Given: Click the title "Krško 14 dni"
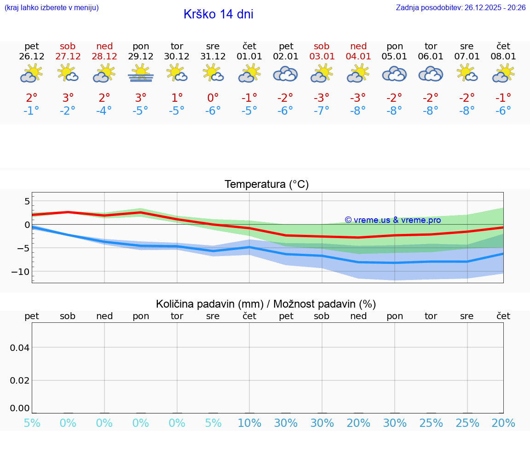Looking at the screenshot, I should pos(218,14).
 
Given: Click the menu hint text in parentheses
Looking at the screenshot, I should pos(52,7).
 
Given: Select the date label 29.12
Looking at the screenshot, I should pos(141,57).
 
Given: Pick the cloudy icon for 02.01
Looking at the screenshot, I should pos(286,74).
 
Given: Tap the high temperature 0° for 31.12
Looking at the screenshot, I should pos(213,98).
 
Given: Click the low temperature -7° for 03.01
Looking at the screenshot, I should pos(322,111).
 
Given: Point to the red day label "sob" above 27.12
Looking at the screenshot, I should pos(68,46).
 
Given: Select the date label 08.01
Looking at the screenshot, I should pos(503,57).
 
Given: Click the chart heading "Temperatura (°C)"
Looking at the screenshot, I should pos(266,184).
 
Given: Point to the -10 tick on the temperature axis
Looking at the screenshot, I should pos(21,272).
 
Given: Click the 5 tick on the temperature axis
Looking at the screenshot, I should pos(27,201).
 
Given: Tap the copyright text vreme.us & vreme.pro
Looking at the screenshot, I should pos(392,220).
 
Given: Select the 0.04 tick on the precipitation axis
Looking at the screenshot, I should pos(20,347).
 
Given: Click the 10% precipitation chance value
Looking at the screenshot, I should pos(249,423).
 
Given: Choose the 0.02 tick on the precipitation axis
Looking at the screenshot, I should pos(20,380).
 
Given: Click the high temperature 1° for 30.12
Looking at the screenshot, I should pos(177,98).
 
